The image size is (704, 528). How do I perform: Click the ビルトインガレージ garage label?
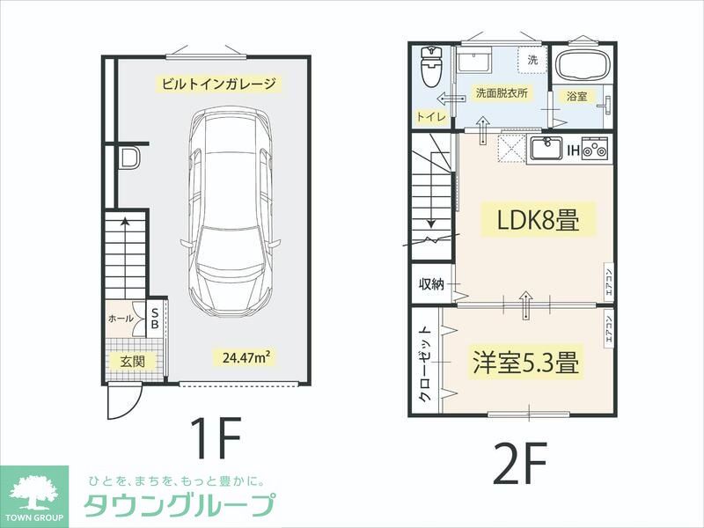point(219,85)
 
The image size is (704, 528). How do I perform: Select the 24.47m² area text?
point(246,357)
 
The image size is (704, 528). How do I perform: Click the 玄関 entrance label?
point(133,361)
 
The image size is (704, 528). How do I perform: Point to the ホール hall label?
point(121,318)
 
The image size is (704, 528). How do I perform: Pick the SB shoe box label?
point(155,318)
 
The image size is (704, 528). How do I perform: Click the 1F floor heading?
point(215,437)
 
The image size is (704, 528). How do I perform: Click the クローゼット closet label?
point(425,363)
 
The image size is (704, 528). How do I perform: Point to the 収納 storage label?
point(431,283)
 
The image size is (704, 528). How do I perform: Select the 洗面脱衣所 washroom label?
point(502,92)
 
